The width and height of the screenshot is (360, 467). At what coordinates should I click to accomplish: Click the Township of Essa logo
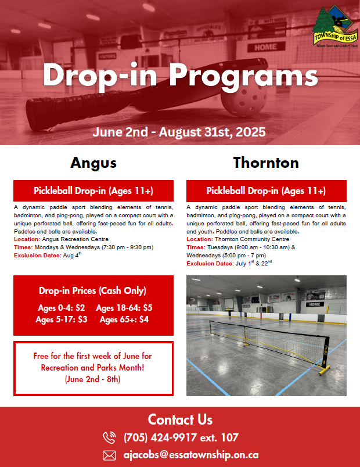pyautogui.click(x=334, y=26)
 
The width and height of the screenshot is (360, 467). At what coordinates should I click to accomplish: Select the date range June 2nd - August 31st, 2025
pyautogui.click(x=179, y=132)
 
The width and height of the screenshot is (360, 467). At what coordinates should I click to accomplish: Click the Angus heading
pyautogui.click(x=93, y=163)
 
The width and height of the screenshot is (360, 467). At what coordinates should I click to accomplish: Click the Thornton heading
pyautogui.click(x=266, y=163)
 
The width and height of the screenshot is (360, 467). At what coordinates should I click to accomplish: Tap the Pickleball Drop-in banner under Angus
pyautogui.click(x=93, y=191)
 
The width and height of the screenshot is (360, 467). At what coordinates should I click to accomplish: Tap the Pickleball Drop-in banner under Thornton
pyautogui.click(x=266, y=191)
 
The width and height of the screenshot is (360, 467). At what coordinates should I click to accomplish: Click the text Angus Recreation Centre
pyautogui.click(x=75, y=239)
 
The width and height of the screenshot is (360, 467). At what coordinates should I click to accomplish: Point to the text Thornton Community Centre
pyautogui.click(x=252, y=239)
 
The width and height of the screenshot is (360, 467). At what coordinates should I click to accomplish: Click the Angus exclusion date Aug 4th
pyautogui.click(x=72, y=255)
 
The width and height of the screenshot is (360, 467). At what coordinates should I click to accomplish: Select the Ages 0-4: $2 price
pyautogui.click(x=62, y=308)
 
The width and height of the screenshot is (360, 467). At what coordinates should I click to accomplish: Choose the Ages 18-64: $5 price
pyautogui.click(x=124, y=308)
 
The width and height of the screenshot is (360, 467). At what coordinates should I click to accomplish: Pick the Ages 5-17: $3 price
pyautogui.click(x=62, y=319)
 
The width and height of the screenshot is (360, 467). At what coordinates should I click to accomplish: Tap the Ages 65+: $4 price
pyautogui.click(x=124, y=319)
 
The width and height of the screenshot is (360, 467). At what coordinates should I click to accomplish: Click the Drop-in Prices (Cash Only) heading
pyautogui.click(x=92, y=290)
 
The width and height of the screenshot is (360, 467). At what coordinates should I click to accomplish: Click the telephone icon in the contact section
pyautogui.click(x=109, y=437)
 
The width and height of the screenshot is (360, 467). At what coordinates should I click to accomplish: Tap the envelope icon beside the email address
pyautogui.click(x=109, y=455)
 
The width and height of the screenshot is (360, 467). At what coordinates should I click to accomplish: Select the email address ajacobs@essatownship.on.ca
pyautogui.click(x=191, y=455)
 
